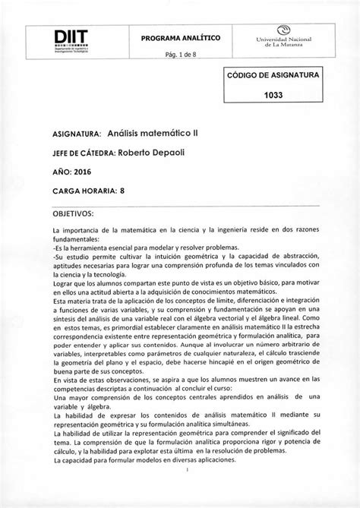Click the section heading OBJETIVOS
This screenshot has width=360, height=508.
click(x=72, y=213)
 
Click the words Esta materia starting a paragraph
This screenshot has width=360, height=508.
click(x=74, y=301)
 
